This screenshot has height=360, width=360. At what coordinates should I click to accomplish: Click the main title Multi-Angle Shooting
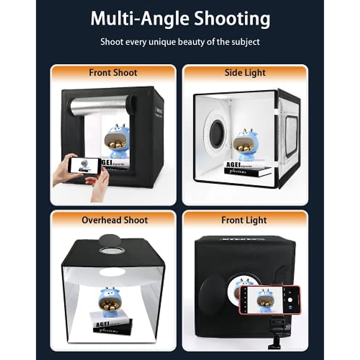click(x=180, y=19)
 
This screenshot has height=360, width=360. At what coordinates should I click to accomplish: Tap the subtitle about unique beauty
click(x=180, y=42)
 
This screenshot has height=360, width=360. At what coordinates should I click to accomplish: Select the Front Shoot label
click(x=113, y=73)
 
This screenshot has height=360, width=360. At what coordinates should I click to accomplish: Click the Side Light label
click(x=245, y=73)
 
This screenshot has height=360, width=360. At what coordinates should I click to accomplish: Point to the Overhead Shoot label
click(x=115, y=220)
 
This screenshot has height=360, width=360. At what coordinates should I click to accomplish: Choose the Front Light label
click(x=244, y=220)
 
